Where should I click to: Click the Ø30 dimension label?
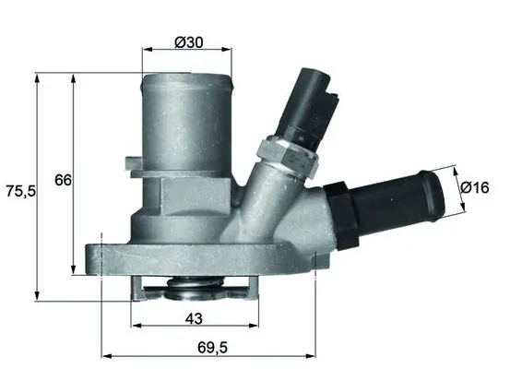(188, 43)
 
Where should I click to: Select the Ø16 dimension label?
(474, 187)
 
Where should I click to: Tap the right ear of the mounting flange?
(318, 262)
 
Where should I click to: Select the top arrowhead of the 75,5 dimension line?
(37, 79)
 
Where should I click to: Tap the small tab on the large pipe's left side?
(135, 167)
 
